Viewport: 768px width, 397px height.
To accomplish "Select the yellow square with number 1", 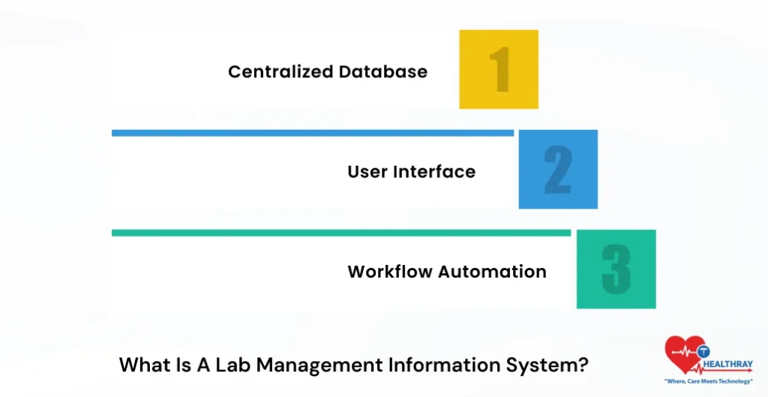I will (x=499, y=69).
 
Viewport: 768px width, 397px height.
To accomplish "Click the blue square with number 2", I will (x=558, y=169).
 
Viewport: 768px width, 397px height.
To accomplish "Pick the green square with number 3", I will (x=616, y=269).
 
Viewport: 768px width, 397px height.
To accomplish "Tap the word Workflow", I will (x=390, y=272).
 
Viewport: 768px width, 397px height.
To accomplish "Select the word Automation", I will (x=492, y=272).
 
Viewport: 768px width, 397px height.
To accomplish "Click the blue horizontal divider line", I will (x=312, y=133).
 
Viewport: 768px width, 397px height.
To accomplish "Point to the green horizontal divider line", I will (x=341, y=233).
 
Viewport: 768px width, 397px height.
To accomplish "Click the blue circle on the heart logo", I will (x=704, y=351).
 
